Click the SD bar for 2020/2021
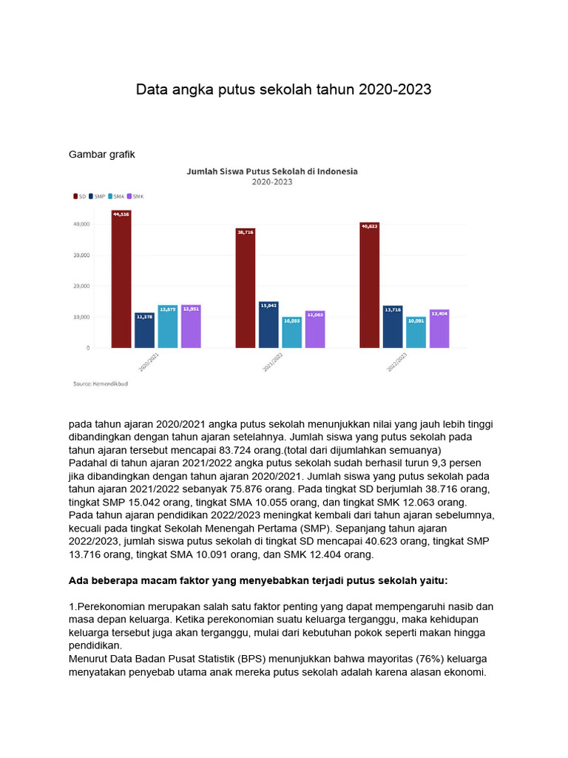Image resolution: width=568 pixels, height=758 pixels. pyautogui.click(x=121, y=279)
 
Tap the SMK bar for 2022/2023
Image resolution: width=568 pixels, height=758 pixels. pyautogui.click(x=439, y=329)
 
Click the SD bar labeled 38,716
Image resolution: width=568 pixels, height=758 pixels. pyautogui.click(x=246, y=288)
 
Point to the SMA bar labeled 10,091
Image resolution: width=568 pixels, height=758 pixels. pyautogui.click(x=416, y=332)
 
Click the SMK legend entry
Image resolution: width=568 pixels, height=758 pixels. pyautogui.click(x=136, y=196)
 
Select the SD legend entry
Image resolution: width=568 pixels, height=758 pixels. pyautogui.click(x=79, y=196)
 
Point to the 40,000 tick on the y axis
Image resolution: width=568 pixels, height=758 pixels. pyautogui.click(x=80, y=224)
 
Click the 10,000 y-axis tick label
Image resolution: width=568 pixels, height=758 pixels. pyautogui.click(x=80, y=317)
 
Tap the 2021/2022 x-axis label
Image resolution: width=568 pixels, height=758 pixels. pyautogui.click(x=273, y=361)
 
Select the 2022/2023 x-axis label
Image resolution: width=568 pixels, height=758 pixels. pyautogui.click(x=397, y=361)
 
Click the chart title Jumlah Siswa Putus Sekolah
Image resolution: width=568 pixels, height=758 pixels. pyautogui.click(x=271, y=171)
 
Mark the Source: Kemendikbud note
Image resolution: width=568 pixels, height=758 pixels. pyautogui.click(x=95, y=383)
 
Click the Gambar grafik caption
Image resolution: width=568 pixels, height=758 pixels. pyautogui.click(x=102, y=154)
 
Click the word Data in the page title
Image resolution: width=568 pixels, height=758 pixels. pyautogui.click(x=151, y=90)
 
